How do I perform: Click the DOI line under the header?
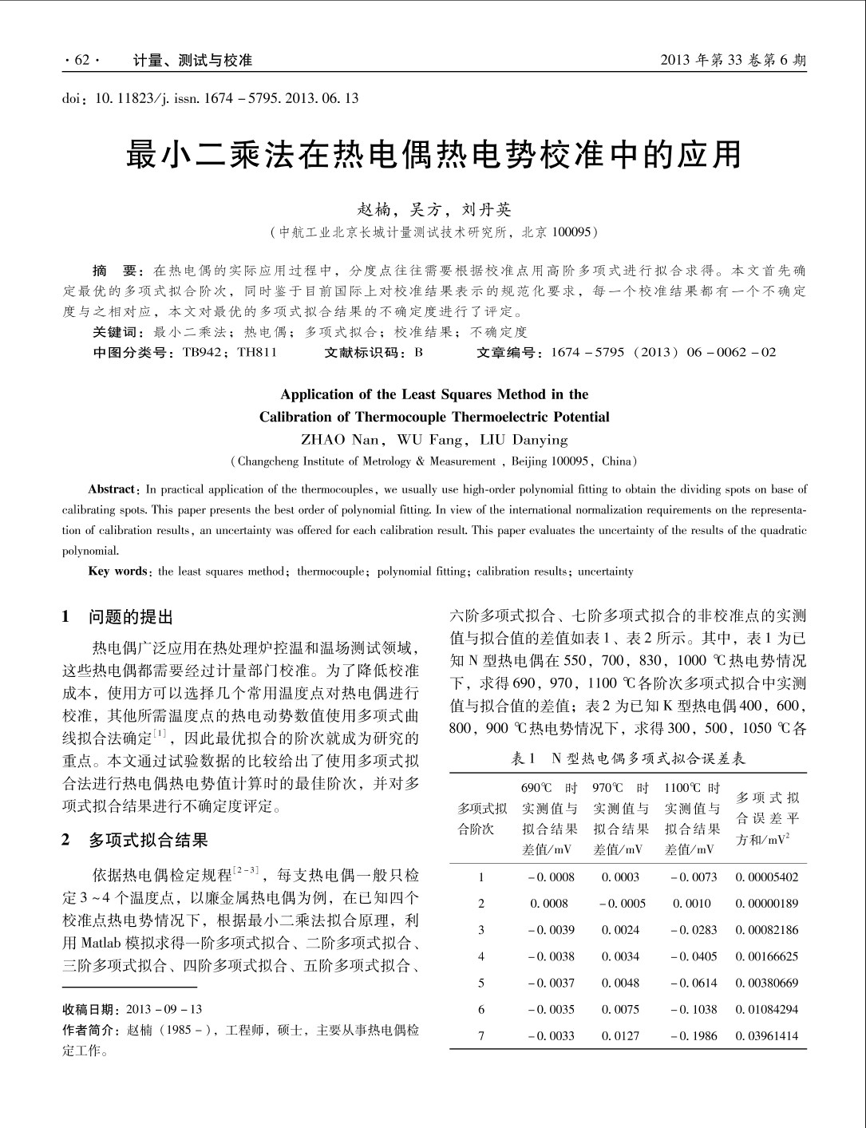point(210,98)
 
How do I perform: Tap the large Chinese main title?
point(433,156)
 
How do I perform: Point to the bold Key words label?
point(117,572)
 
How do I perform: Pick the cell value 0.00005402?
point(766,877)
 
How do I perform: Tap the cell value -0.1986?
point(694,1036)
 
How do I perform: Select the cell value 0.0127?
point(620,1036)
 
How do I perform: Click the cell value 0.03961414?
point(766,1036)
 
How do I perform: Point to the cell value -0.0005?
point(621,904)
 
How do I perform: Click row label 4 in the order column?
point(481,956)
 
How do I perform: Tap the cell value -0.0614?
point(694,983)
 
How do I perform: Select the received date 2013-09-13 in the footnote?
point(164,1009)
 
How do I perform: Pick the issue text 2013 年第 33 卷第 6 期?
point(734,61)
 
